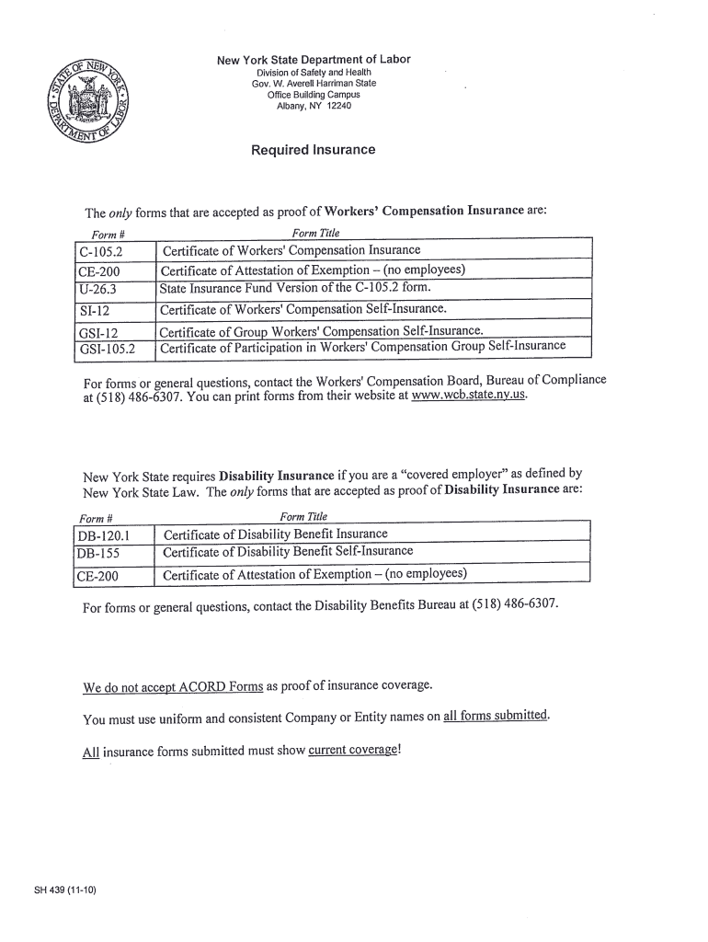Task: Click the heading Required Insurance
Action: click(x=313, y=150)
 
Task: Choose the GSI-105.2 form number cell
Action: click(x=107, y=350)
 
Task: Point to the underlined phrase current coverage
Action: click(x=353, y=751)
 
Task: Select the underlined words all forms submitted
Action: click(x=496, y=717)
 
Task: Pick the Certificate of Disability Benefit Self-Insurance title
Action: click(x=288, y=553)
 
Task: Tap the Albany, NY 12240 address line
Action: click(x=314, y=106)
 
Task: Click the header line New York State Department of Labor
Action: click(x=314, y=60)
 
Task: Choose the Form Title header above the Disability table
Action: click(x=303, y=517)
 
